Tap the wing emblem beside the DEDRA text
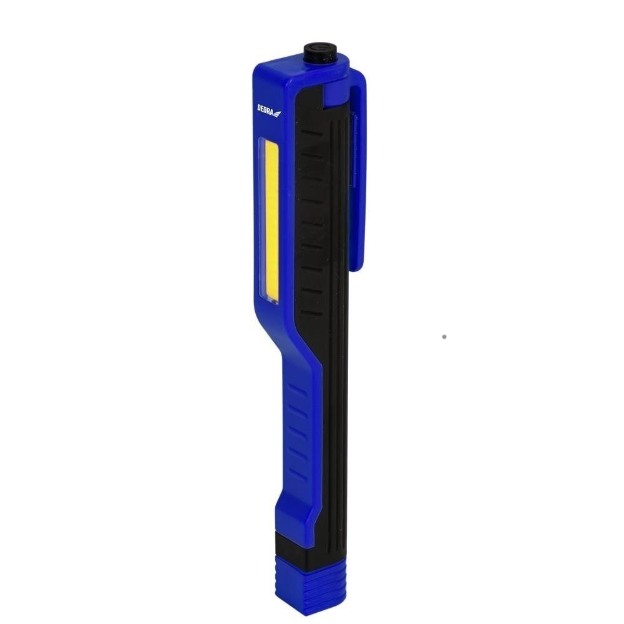(278, 113)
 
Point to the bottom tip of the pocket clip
(356, 267)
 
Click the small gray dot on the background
(444, 336)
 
